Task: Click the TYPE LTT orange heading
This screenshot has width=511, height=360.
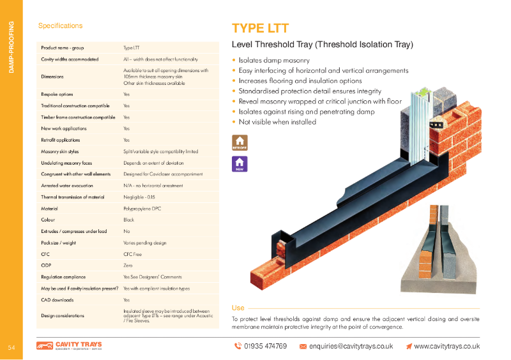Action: click(260, 28)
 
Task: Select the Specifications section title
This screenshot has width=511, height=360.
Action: click(60, 26)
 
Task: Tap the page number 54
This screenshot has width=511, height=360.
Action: click(11, 347)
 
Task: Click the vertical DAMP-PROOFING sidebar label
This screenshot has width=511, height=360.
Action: click(11, 47)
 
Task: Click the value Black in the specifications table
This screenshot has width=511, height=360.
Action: click(129, 220)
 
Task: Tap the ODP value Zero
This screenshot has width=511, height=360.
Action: click(128, 265)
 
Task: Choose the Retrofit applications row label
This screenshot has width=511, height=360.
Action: click(61, 140)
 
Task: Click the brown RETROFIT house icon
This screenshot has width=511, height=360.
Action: click(240, 142)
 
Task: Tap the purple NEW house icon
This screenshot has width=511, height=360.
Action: click(240, 164)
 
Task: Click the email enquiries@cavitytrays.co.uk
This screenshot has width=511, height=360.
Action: click(351, 346)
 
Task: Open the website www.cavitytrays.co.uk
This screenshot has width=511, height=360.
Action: click(446, 346)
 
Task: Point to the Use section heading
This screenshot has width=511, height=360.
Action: click(238, 308)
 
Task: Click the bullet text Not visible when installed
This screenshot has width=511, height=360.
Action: click(277, 121)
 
